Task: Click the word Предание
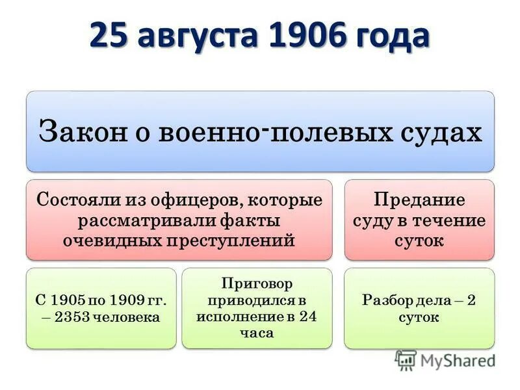click(x=419, y=198)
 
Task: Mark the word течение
click(x=454, y=220)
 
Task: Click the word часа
click(x=256, y=333)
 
